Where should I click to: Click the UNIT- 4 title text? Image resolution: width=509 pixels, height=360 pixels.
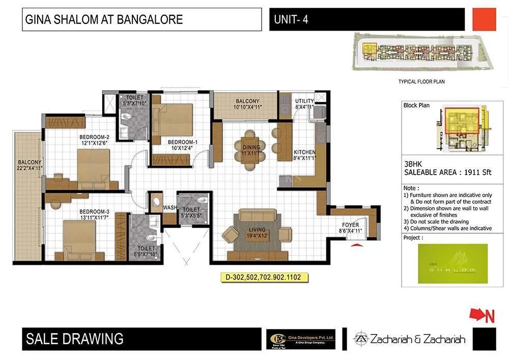tap(291, 20)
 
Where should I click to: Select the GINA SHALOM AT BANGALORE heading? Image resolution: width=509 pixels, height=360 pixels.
tap(104, 20)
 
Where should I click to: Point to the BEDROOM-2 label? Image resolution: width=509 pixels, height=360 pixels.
tap(94, 137)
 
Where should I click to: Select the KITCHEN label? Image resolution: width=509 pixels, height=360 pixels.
tap(304, 152)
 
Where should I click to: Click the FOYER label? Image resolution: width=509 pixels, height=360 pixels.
tap(350, 225)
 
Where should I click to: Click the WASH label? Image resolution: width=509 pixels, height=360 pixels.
tap(169, 208)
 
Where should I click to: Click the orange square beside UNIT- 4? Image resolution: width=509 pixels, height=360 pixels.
tap(484, 19)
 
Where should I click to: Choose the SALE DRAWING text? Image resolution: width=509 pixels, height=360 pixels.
tap(74, 339)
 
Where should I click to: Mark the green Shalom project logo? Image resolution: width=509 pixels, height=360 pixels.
tap(452, 263)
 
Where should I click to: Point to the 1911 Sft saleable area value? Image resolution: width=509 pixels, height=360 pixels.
tap(477, 173)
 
